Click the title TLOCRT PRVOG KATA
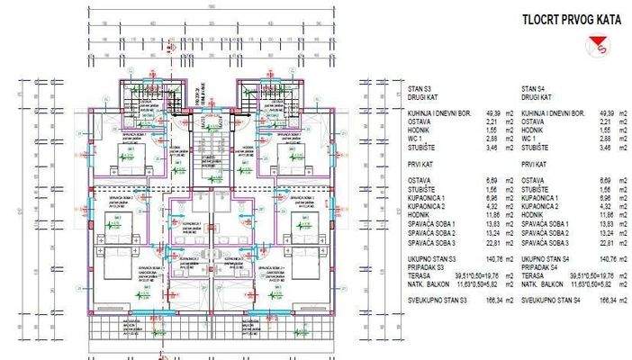point(561,20)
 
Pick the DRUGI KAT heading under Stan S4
point(537,96)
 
